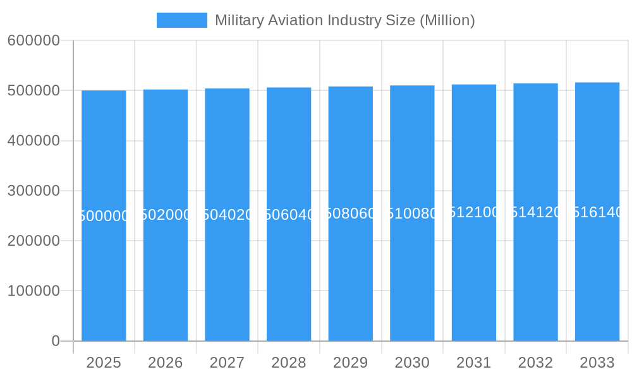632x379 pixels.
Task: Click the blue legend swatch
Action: tap(182, 20)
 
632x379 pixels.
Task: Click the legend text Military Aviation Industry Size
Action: tap(344, 20)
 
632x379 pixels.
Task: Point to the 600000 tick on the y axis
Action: tap(33, 40)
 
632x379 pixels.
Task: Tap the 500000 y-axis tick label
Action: tap(33, 90)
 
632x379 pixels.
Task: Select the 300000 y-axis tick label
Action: tap(33, 191)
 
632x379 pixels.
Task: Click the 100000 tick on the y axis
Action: tap(33, 291)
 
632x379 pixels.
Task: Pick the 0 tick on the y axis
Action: tap(55, 341)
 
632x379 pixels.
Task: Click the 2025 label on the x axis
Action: tap(104, 363)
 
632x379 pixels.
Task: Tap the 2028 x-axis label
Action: tap(289, 363)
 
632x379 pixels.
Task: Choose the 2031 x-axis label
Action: tap(474, 363)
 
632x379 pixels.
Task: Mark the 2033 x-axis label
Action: tap(597, 363)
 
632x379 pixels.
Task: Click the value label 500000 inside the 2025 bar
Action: tap(104, 216)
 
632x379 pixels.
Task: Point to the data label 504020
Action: tap(227, 215)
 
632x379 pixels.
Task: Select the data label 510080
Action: tap(412, 214)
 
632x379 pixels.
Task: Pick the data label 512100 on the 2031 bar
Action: tap(474, 212)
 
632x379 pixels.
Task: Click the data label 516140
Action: tap(597, 212)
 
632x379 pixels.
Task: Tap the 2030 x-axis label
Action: tap(412, 363)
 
